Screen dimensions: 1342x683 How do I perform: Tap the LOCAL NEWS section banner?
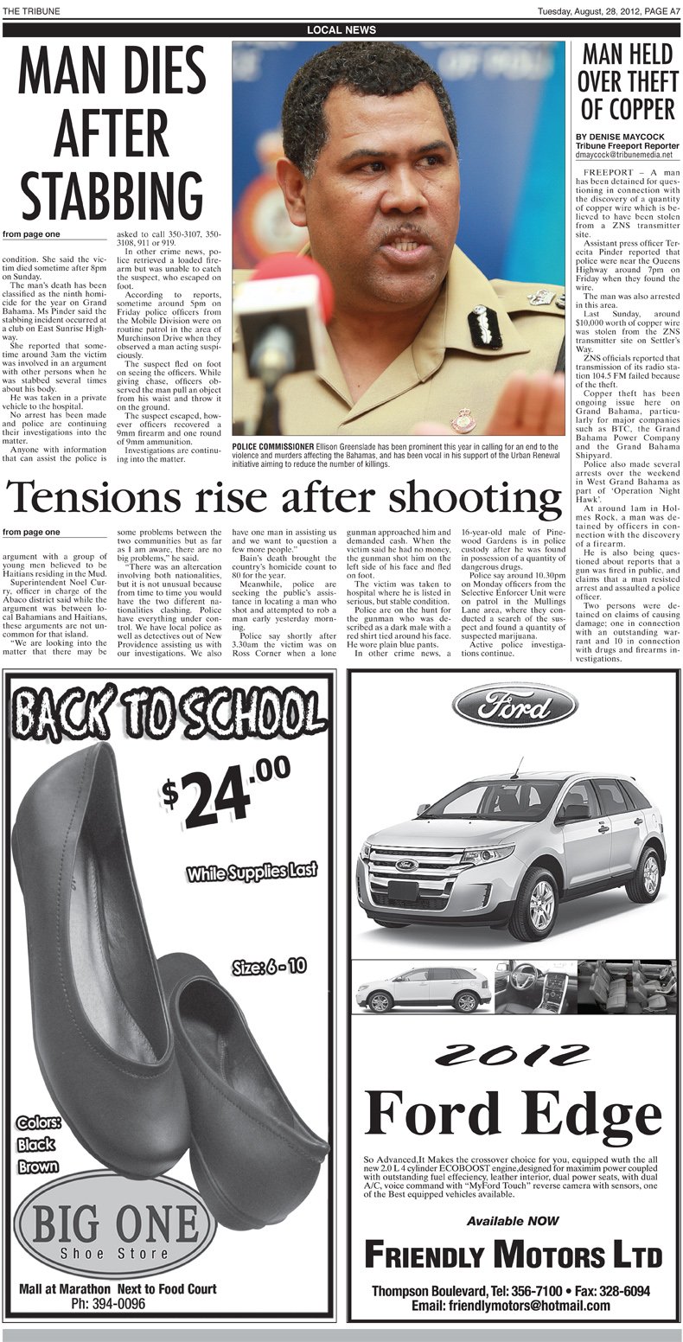(x=341, y=30)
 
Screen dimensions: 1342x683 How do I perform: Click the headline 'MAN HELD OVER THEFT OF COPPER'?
(x=627, y=83)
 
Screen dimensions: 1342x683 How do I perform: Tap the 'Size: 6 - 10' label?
(x=269, y=966)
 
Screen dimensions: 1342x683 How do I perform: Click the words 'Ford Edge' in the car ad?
(x=514, y=1114)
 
